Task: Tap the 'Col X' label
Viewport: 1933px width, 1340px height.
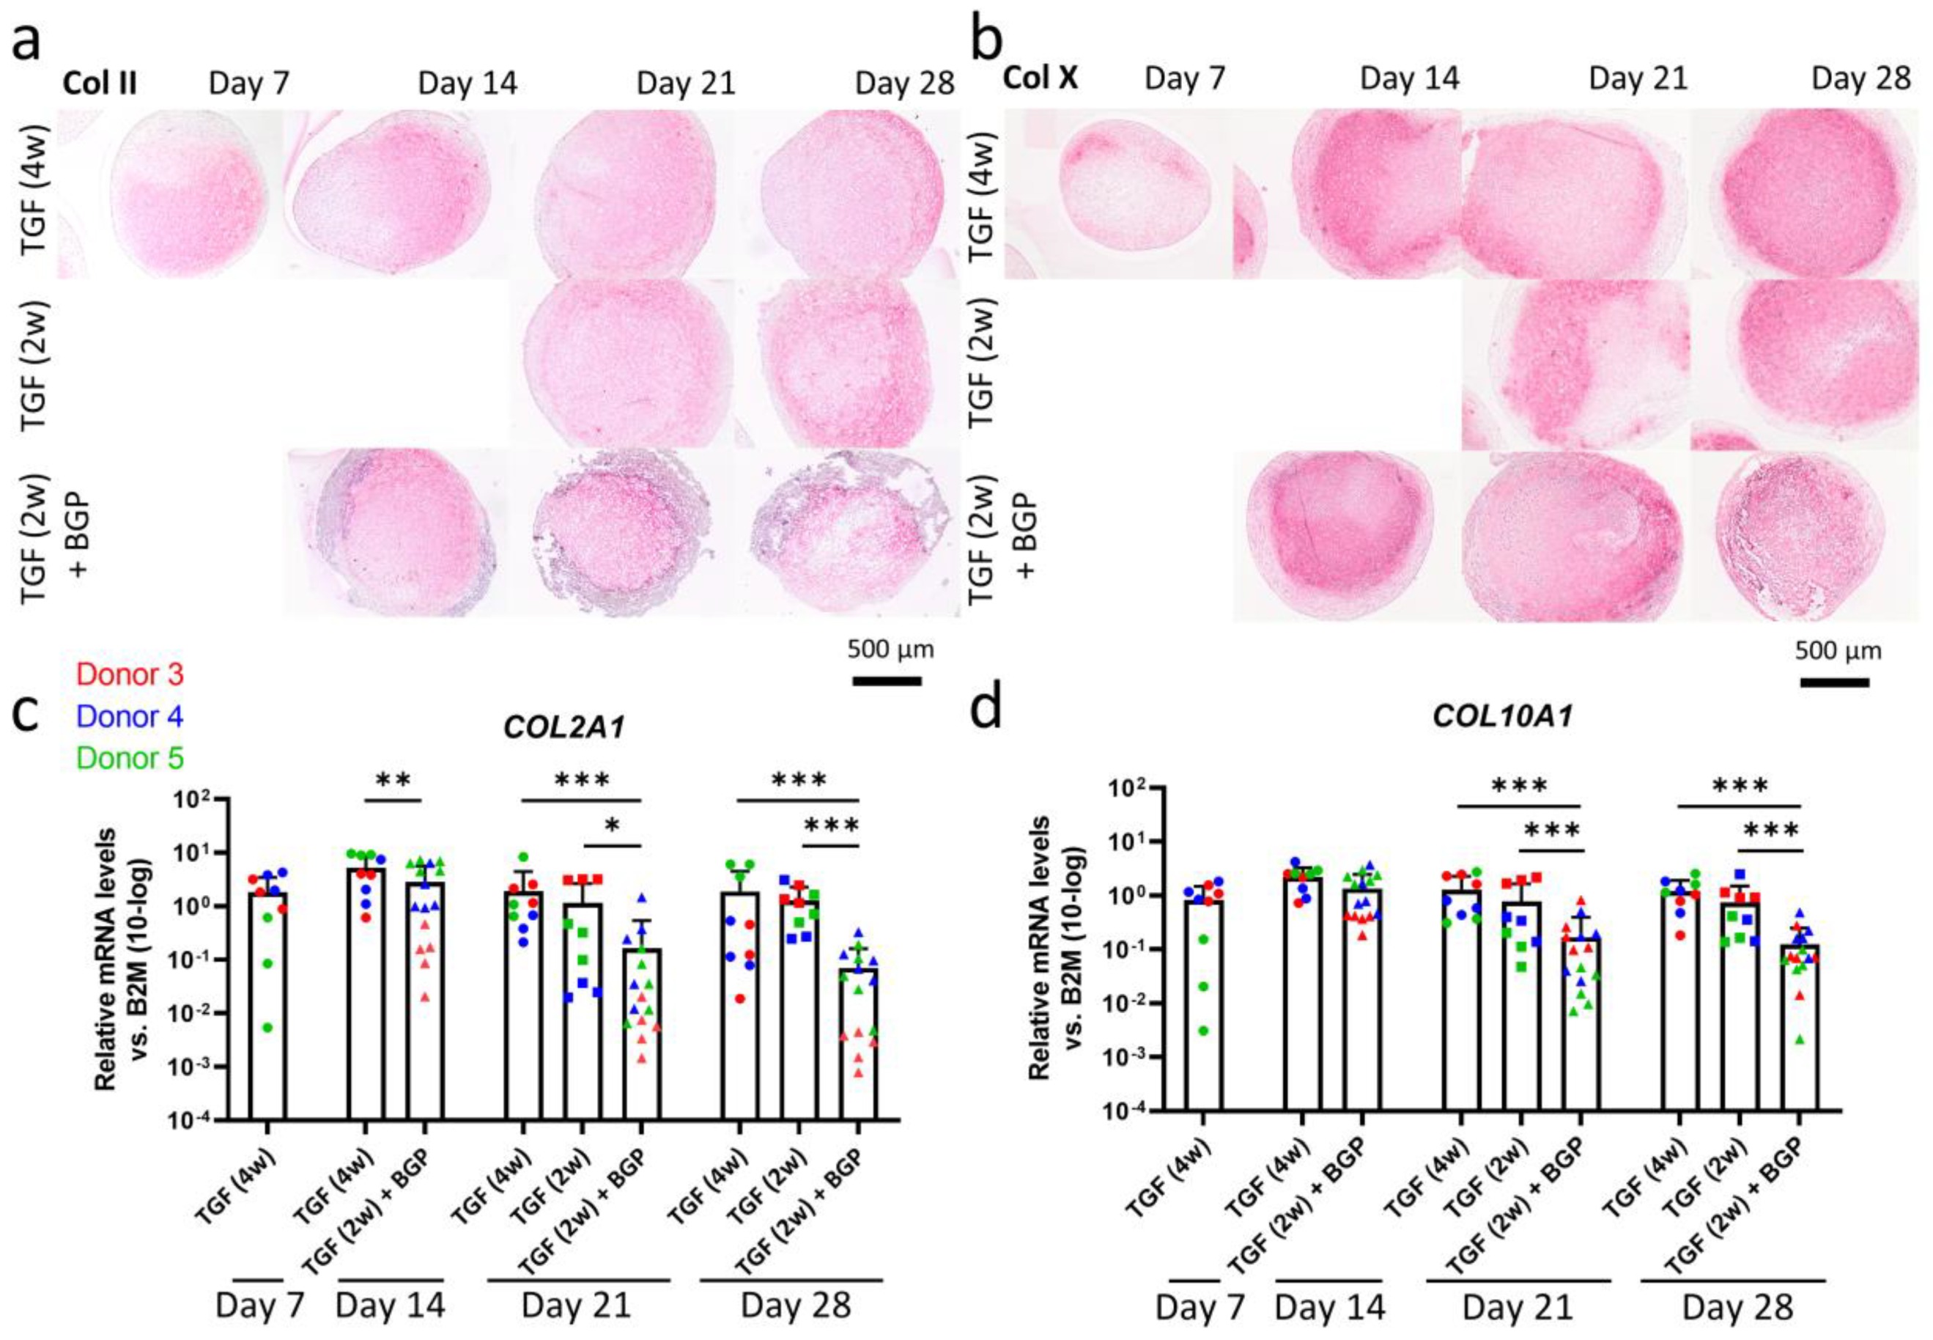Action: pyautogui.click(x=1041, y=79)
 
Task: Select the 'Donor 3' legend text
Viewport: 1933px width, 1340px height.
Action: pyautogui.click(x=129, y=674)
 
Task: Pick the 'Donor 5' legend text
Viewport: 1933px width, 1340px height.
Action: pyautogui.click(x=129, y=758)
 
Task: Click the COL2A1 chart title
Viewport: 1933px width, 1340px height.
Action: pyautogui.click(x=564, y=727)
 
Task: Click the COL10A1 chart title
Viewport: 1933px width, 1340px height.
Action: pyautogui.click(x=1504, y=717)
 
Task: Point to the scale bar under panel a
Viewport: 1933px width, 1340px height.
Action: pyautogui.click(x=887, y=681)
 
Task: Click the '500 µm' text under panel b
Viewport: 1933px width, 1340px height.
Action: pyautogui.click(x=1838, y=651)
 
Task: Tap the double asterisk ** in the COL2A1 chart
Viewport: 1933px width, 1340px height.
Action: pyautogui.click(x=393, y=781)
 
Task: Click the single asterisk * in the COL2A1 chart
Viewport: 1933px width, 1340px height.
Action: pyautogui.click(x=612, y=827)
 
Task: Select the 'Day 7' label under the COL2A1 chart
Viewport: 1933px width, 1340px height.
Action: pyautogui.click(x=259, y=1306)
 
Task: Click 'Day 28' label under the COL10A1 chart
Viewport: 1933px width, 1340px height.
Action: pyautogui.click(x=1737, y=1307)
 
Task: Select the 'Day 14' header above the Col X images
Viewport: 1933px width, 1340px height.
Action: pyautogui.click(x=1410, y=79)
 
